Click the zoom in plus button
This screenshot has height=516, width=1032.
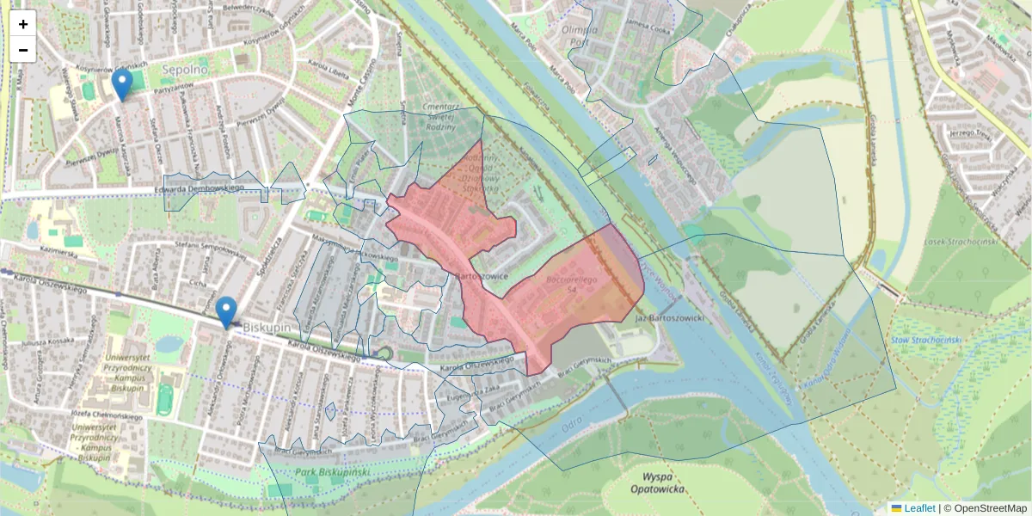pos(23,23)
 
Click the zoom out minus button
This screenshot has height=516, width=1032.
pos(23,50)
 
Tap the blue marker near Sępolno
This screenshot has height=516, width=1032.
pos(123,85)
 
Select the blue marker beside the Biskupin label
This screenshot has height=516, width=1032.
pos(226,312)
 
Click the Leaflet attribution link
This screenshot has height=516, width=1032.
pos(919,508)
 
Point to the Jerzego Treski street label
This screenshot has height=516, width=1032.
pos(970,134)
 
